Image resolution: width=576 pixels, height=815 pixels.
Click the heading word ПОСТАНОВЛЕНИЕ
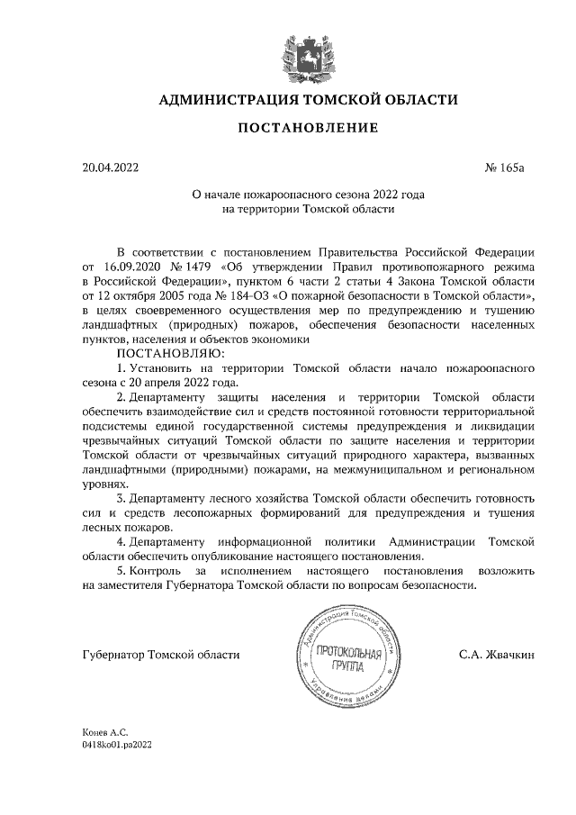308,129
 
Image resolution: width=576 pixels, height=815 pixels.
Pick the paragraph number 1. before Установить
122,367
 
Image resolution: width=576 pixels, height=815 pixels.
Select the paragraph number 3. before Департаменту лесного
122,498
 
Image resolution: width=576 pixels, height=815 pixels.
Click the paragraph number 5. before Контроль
122,570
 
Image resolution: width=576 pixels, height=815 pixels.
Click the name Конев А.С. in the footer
103,734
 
